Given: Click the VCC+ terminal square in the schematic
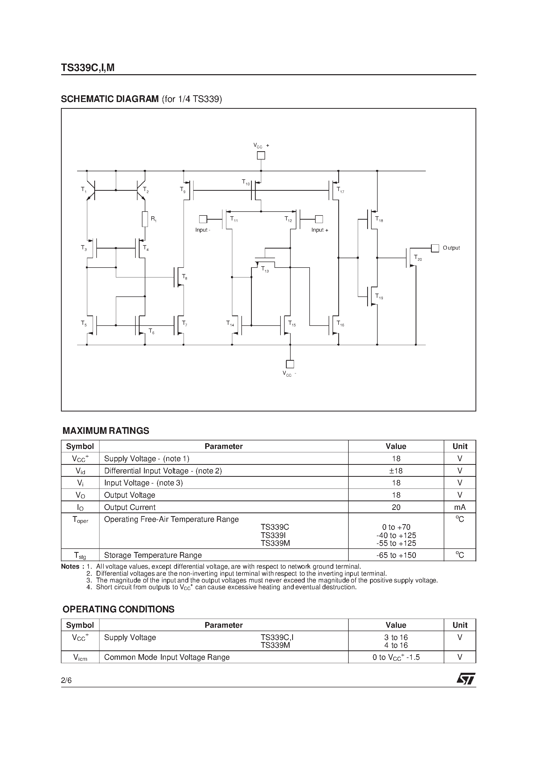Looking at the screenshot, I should (x=261, y=155).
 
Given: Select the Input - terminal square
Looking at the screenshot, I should (x=203, y=219).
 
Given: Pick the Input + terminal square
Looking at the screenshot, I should (x=319, y=219).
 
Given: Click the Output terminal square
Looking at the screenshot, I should (x=435, y=248).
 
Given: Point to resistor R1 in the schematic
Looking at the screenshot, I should (x=145, y=219).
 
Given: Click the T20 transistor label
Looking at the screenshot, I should (x=418, y=258).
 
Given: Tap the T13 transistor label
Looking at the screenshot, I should (x=265, y=269).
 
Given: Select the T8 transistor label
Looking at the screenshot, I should (x=184, y=277).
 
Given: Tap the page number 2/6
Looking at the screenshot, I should (x=66, y=681).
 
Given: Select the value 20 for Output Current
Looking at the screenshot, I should (x=396, y=507).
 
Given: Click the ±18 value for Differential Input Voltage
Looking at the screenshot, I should (x=396, y=471).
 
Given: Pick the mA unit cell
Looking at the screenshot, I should (x=460, y=507).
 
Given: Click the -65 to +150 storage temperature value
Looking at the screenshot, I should (x=396, y=555).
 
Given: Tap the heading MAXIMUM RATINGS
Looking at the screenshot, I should (x=106, y=431).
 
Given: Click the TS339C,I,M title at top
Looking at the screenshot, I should (x=88, y=68).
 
